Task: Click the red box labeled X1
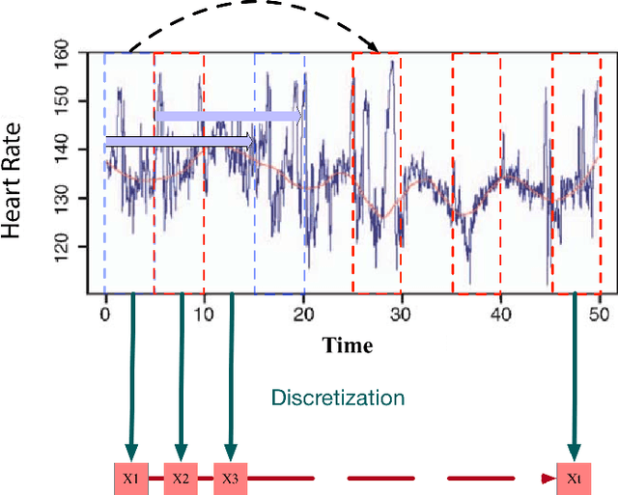[x=132, y=479]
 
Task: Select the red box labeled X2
[x=181, y=479]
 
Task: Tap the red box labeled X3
[x=230, y=479]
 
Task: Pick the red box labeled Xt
[x=574, y=479]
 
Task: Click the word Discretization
[x=337, y=398]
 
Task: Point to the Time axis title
[x=348, y=344]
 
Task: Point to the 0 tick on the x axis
[x=104, y=315]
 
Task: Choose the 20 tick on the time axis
[x=303, y=315]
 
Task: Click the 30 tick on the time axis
[x=403, y=315]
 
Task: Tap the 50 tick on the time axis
[x=601, y=315]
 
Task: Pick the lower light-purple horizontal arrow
[x=180, y=143]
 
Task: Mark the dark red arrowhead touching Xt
[x=549, y=478]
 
